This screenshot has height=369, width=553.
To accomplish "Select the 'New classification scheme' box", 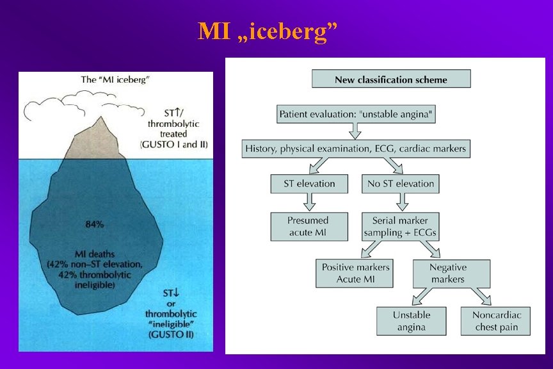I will point(390,79).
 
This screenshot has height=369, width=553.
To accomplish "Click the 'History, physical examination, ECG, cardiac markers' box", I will point(356,149).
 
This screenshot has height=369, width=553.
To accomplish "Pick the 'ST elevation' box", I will point(309,184).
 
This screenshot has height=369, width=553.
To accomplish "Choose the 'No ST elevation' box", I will point(401,184).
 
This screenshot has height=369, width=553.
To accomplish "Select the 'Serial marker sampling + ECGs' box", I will point(401,226).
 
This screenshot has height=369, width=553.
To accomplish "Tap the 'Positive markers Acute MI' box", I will point(355,274).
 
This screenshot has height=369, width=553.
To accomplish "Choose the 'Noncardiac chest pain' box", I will point(496,320).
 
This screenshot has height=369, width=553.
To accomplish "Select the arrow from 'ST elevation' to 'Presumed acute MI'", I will point(309,202).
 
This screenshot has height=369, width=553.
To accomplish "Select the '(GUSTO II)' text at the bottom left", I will point(172,334).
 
